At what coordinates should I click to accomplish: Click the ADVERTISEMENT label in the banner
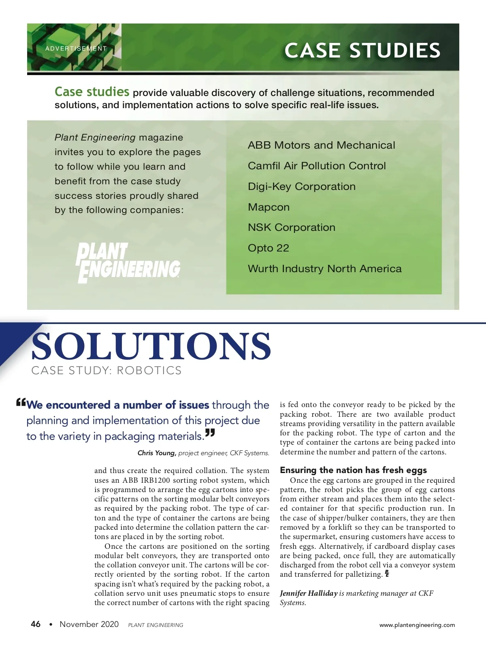(76, 49)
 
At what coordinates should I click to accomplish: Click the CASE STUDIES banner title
(362, 51)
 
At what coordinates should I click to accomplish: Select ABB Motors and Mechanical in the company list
(321, 145)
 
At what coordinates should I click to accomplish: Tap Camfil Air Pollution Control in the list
(317, 166)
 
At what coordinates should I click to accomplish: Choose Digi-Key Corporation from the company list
(302, 187)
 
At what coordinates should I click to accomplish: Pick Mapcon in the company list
(269, 207)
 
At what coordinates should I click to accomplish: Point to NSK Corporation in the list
(292, 228)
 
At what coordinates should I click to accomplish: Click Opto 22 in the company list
(269, 248)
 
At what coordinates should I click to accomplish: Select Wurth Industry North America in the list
(324, 269)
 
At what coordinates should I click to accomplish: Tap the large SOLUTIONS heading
(151, 346)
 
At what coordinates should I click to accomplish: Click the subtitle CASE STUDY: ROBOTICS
(107, 371)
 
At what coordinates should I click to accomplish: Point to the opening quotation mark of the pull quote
(21, 403)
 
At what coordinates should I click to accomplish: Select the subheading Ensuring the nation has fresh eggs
(353, 470)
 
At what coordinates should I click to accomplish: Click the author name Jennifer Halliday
(309, 593)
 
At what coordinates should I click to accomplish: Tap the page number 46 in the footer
(36, 624)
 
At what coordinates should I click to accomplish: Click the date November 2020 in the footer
(89, 624)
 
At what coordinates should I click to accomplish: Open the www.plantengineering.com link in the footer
(417, 625)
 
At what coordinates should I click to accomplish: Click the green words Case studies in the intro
(92, 92)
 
